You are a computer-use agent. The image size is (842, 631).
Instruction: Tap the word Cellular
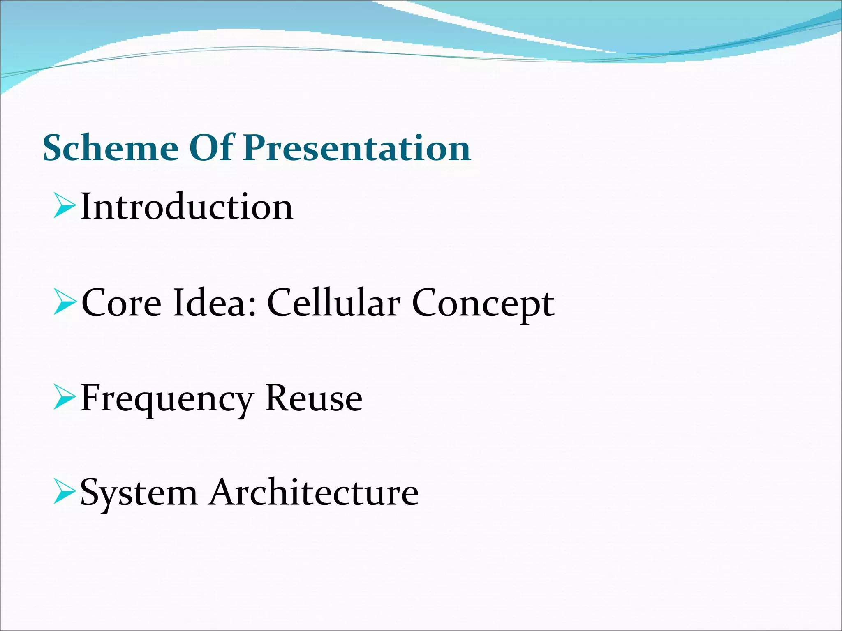[333, 303]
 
